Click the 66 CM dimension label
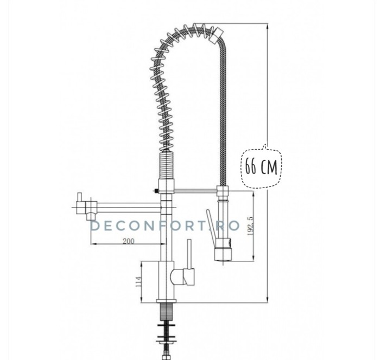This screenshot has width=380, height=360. click(261, 166)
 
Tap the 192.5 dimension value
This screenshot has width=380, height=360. click(249, 226)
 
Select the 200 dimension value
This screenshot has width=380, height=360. click(129, 241)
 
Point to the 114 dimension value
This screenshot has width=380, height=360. click(138, 281)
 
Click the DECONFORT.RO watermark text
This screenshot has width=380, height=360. click(165, 226)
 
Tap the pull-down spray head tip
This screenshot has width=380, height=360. click(222, 255)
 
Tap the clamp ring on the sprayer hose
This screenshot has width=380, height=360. click(222, 191)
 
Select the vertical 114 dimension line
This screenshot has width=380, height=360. click(142, 281)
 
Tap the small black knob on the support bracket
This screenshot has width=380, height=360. click(156, 191)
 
